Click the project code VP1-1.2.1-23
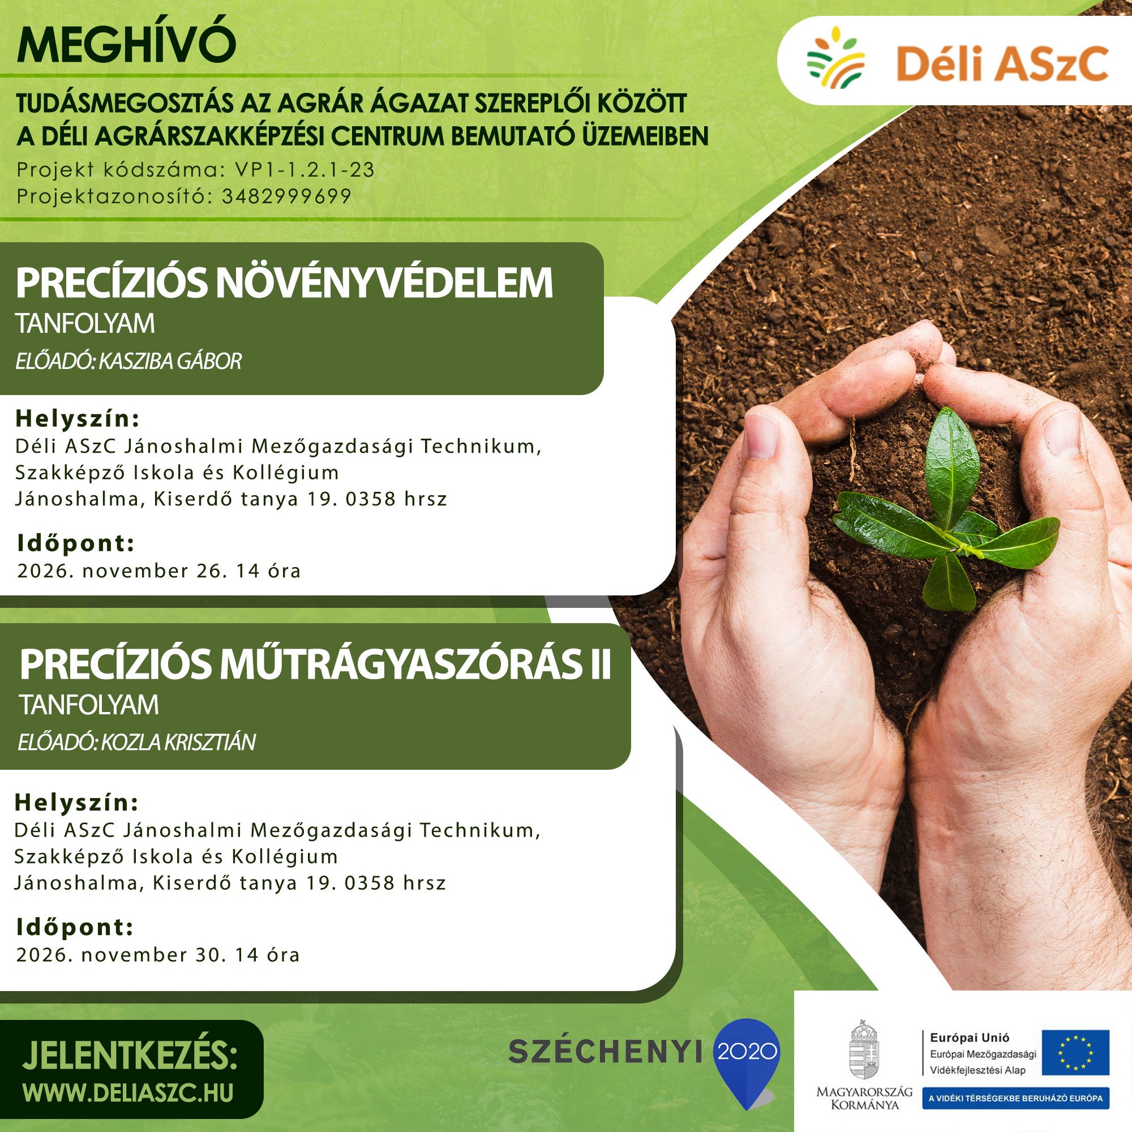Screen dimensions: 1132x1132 305,170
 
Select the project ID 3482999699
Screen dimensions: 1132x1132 286,196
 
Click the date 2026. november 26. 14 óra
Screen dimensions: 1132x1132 159,570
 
